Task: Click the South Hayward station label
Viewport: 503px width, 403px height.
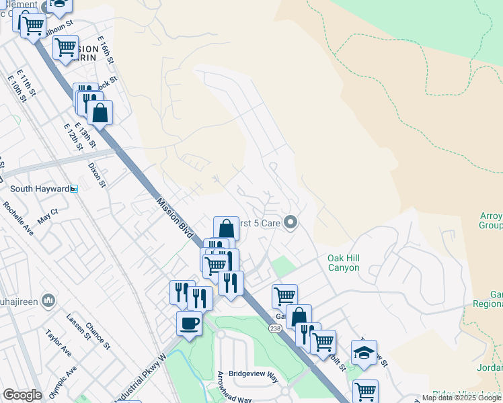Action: [40, 189]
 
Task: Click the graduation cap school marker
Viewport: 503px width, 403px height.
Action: [364, 353]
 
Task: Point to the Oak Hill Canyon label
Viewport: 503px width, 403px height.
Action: [343, 263]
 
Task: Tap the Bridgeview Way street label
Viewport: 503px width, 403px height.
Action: [254, 376]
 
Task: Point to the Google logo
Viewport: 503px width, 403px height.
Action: [22, 395]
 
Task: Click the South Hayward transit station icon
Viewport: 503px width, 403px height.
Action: [74, 189]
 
